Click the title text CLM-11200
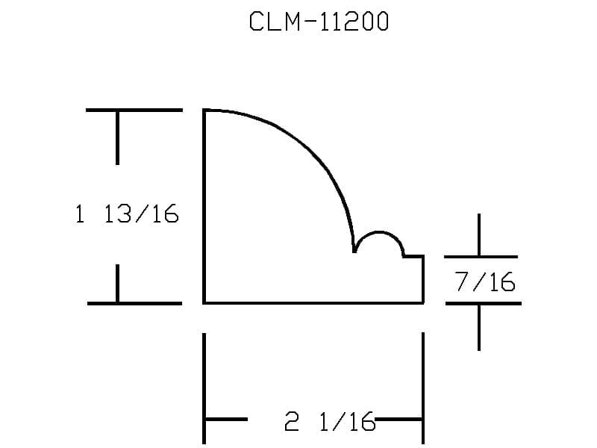(x=319, y=22)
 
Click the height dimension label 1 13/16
(x=127, y=214)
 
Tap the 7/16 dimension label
(x=484, y=281)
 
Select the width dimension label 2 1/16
(x=330, y=421)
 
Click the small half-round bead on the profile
(x=379, y=231)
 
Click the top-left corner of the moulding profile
(x=204, y=111)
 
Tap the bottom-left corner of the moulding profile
(x=204, y=303)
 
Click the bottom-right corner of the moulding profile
(x=423, y=303)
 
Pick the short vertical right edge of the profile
(x=423, y=279)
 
